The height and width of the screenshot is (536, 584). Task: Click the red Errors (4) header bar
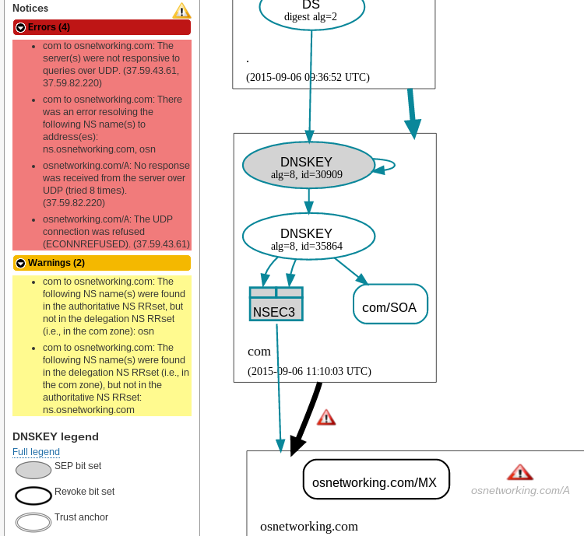click(x=101, y=27)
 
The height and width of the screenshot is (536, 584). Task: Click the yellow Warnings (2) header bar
click(x=101, y=263)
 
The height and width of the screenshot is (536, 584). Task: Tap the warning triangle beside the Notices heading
click(x=181, y=10)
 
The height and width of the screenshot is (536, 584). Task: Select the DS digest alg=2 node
click(x=311, y=11)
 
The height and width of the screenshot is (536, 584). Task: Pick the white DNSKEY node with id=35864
click(x=308, y=239)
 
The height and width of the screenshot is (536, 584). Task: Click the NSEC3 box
click(x=276, y=304)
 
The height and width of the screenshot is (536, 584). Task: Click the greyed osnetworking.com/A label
click(x=520, y=490)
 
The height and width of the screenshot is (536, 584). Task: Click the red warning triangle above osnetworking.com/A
click(x=519, y=472)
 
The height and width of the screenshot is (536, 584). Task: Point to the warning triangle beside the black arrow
click(x=326, y=418)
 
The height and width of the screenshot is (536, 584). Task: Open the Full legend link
click(x=36, y=452)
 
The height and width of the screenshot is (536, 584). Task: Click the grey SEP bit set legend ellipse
click(x=33, y=470)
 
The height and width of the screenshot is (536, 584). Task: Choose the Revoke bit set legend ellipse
click(x=33, y=496)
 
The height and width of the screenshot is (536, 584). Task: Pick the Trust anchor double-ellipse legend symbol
click(x=33, y=521)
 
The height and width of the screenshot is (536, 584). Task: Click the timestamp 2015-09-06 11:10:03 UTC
click(x=308, y=371)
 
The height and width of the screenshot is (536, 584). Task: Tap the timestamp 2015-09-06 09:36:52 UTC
click(x=308, y=77)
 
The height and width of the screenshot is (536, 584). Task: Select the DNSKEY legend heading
click(x=55, y=436)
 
